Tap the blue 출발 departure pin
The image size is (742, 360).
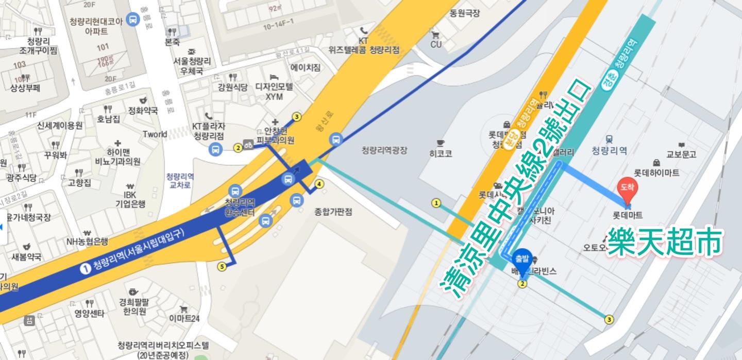coord(522,260)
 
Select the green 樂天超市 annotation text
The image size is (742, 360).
coord(665,242)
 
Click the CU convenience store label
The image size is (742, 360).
coord(436,44)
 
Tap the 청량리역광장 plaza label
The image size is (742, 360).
coord(384,150)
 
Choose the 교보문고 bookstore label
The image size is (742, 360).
coord(681,154)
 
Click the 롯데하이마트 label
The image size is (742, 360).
coord(656,173)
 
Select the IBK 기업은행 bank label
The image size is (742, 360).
coord(130,199)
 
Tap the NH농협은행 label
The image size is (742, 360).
coord(87,241)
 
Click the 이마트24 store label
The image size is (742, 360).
coord(184,318)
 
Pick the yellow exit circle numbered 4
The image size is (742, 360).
coord(320,184)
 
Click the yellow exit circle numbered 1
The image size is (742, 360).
coord(436,203)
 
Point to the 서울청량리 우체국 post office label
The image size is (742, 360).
coord(192,65)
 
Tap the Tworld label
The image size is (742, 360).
coord(155,134)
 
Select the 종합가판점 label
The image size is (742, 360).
coord(333,212)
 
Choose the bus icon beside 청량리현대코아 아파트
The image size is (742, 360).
coord(133,19)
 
